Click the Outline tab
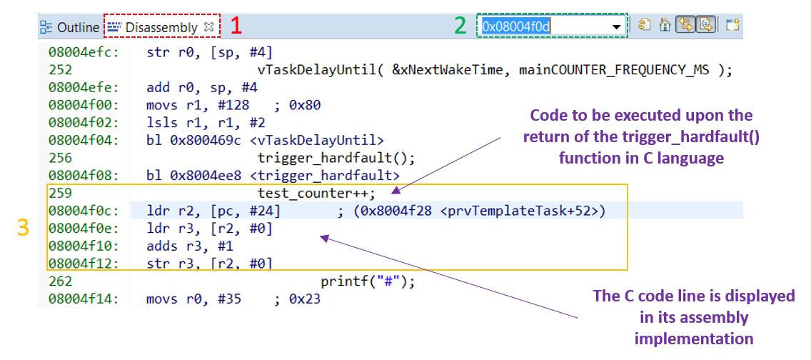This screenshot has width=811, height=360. (x=70, y=27)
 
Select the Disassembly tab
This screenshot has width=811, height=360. (x=161, y=27)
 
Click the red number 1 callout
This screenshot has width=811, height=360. (x=236, y=26)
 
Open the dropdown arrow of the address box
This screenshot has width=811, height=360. (x=617, y=27)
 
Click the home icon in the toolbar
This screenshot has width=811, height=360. (x=665, y=25)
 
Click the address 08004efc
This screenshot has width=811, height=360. (x=84, y=52)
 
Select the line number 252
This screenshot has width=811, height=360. (x=60, y=70)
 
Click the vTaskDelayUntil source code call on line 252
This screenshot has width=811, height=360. (x=495, y=70)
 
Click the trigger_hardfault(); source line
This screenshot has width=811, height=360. (x=336, y=157)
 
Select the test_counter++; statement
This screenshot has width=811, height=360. (x=316, y=193)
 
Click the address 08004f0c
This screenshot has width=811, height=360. (x=84, y=211)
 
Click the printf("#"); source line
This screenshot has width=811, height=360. (x=368, y=282)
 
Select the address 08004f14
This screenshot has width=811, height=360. (x=84, y=299)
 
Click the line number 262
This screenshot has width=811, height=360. (x=60, y=282)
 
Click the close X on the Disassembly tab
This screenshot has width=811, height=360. (x=208, y=27)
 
